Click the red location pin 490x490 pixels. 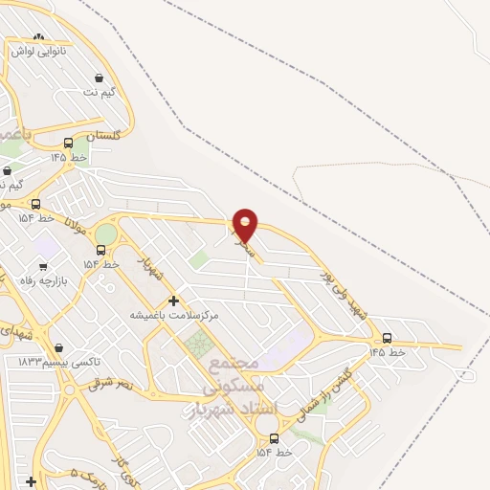(245, 224)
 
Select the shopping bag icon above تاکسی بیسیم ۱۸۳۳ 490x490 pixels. (60, 348)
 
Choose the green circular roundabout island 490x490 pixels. (105, 234)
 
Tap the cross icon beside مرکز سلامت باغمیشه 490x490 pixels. (173, 301)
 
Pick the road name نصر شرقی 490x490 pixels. (112, 383)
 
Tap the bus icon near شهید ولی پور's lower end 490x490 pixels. (387, 338)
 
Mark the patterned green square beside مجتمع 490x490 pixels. (200, 345)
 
